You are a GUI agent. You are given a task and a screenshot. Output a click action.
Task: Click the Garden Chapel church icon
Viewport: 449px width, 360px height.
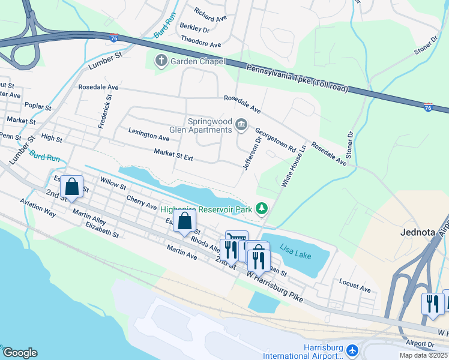pyautogui.click(x=160, y=61)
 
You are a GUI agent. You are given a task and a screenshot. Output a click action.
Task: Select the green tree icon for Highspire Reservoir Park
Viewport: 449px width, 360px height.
pyautogui.click(x=261, y=208)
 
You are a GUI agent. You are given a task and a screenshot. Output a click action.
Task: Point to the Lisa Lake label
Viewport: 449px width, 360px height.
pyautogui.click(x=295, y=255)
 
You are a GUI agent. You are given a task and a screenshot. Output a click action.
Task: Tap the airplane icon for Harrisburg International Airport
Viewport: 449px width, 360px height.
pyautogui.click(x=352, y=349)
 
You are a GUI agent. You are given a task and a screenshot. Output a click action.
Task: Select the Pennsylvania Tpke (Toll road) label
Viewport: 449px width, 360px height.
pyautogui.click(x=296, y=77)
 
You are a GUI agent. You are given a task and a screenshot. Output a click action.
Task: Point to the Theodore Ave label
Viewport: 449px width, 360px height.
pyautogui.click(x=201, y=44)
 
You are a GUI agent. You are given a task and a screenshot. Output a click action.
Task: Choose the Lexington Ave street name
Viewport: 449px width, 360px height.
pyautogui.click(x=149, y=134)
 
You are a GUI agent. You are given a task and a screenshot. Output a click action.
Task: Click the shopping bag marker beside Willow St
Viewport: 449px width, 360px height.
pyautogui.click(x=72, y=187)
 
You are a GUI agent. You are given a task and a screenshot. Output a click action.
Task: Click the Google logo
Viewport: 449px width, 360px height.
pyautogui.click(x=20, y=353)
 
